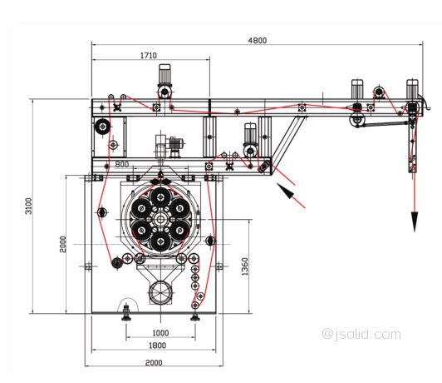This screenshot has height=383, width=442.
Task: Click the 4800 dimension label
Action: coord(257,41)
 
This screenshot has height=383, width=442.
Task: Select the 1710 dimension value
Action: coord(149,55)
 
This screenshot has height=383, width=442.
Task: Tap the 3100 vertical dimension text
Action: coord(29,206)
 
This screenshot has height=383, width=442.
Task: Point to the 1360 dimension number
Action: coord(244,266)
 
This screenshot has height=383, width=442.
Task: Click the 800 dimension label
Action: coord(122,164)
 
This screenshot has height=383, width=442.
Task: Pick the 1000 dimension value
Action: coord(160,333)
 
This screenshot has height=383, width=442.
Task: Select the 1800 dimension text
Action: coord(157,346)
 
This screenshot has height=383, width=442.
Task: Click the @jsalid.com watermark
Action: coord(361,334)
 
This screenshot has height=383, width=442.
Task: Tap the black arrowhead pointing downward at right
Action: coord(414,221)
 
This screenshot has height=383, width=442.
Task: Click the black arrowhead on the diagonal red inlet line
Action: coord(286,191)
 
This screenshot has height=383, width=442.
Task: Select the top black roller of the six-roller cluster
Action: coord(160,197)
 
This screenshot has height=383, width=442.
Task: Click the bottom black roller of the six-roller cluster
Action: coord(160,241)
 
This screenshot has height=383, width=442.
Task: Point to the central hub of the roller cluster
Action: coord(160,220)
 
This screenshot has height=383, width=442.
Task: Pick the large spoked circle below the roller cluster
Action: coord(160,292)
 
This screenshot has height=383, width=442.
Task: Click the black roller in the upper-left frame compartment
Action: coord(102,127)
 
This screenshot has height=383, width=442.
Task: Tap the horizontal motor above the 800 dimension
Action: coord(175,143)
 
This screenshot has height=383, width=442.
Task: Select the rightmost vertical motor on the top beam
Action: coord(412,88)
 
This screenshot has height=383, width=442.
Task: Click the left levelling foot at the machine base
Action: coord(126,313)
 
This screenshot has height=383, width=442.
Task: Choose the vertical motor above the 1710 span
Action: coord(165,76)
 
